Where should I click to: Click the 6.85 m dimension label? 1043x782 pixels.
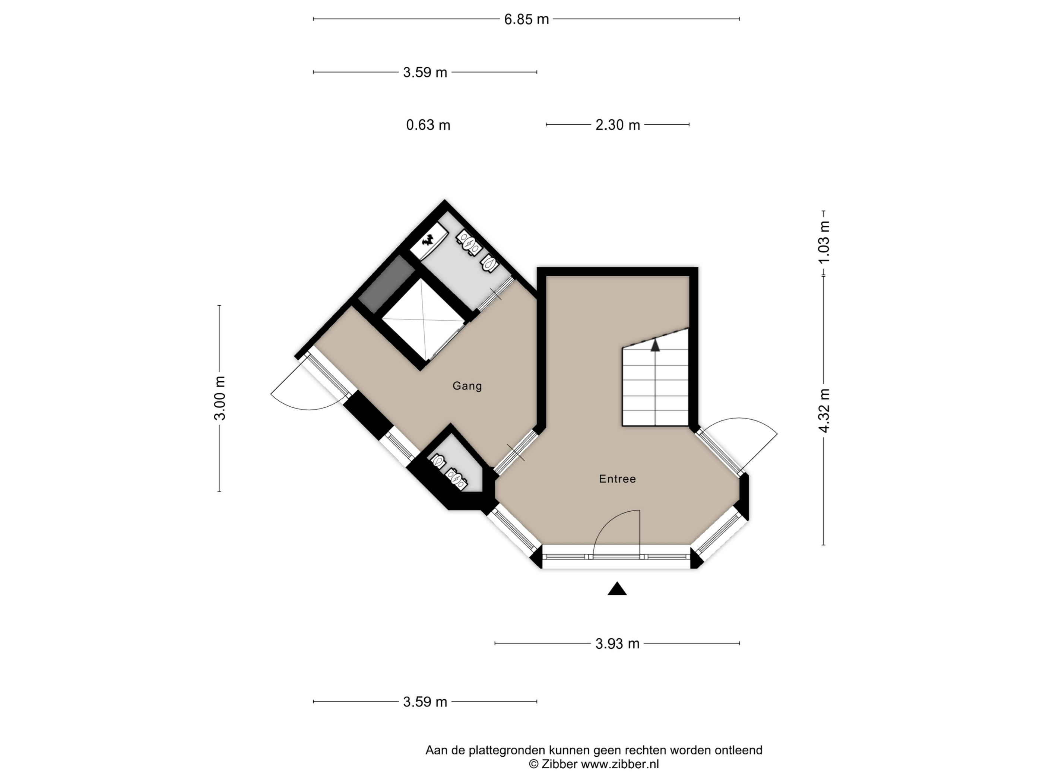pyautogui.click(x=526, y=19)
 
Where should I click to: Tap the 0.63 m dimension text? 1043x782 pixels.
pyautogui.click(x=428, y=125)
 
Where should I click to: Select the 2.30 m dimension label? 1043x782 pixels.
pyautogui.click(x=618, y=125)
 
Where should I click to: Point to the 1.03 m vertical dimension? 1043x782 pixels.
pyautogui.click(x=824, y=242)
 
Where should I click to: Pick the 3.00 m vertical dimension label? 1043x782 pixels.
pyautogui.click(x=220, y=398)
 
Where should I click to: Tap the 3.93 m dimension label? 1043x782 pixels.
pyautogui.click(x=617, y=643)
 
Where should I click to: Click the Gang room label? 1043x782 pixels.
pyautogui.click(x=467, y=386)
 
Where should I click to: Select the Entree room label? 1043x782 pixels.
pyautogui.click(x=617, y=479)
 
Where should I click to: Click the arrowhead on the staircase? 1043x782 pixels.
pyautogui.click(x=655, y=345)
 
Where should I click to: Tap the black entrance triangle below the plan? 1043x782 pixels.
pyautogui.click(x=617, y=589)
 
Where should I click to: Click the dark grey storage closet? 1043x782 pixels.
pyautogui.click(x=386, y=284)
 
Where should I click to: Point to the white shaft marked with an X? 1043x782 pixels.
pyautogui.click(x=423, y=319)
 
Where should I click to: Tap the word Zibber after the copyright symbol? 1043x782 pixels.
pyautogui.click(x=559, y=764)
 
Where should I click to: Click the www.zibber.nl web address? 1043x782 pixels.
pyautogui.click(x=619, y=764)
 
